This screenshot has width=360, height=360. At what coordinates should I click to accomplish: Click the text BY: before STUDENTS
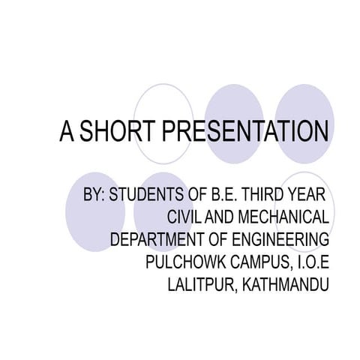[x=94, y=195]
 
